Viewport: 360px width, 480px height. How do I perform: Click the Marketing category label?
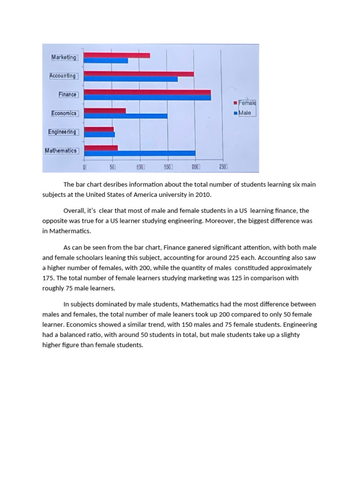coord(64,57)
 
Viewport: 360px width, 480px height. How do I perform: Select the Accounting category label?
coord(63,76)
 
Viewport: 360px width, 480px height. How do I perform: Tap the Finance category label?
coord(67,95)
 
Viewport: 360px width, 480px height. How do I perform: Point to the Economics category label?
coord(64,113)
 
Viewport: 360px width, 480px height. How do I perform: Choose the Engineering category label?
coord(62,132)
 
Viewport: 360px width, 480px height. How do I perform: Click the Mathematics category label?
coord(60,151)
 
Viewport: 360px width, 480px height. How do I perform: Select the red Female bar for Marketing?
coord(117,55)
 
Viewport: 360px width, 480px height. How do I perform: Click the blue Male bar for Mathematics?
coord(140,153)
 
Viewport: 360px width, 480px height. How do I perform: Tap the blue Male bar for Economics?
coord(126,116)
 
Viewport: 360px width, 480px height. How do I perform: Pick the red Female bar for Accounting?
coord(139,74)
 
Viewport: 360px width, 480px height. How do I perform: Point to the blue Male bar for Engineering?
coord(99,135)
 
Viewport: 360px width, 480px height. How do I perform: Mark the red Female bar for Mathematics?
coord(101,148)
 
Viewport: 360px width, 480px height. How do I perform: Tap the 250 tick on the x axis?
coord(223,167)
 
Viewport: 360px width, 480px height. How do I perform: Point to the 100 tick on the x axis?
coord(140,167)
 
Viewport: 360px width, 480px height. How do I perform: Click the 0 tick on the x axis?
coord(84,167)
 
